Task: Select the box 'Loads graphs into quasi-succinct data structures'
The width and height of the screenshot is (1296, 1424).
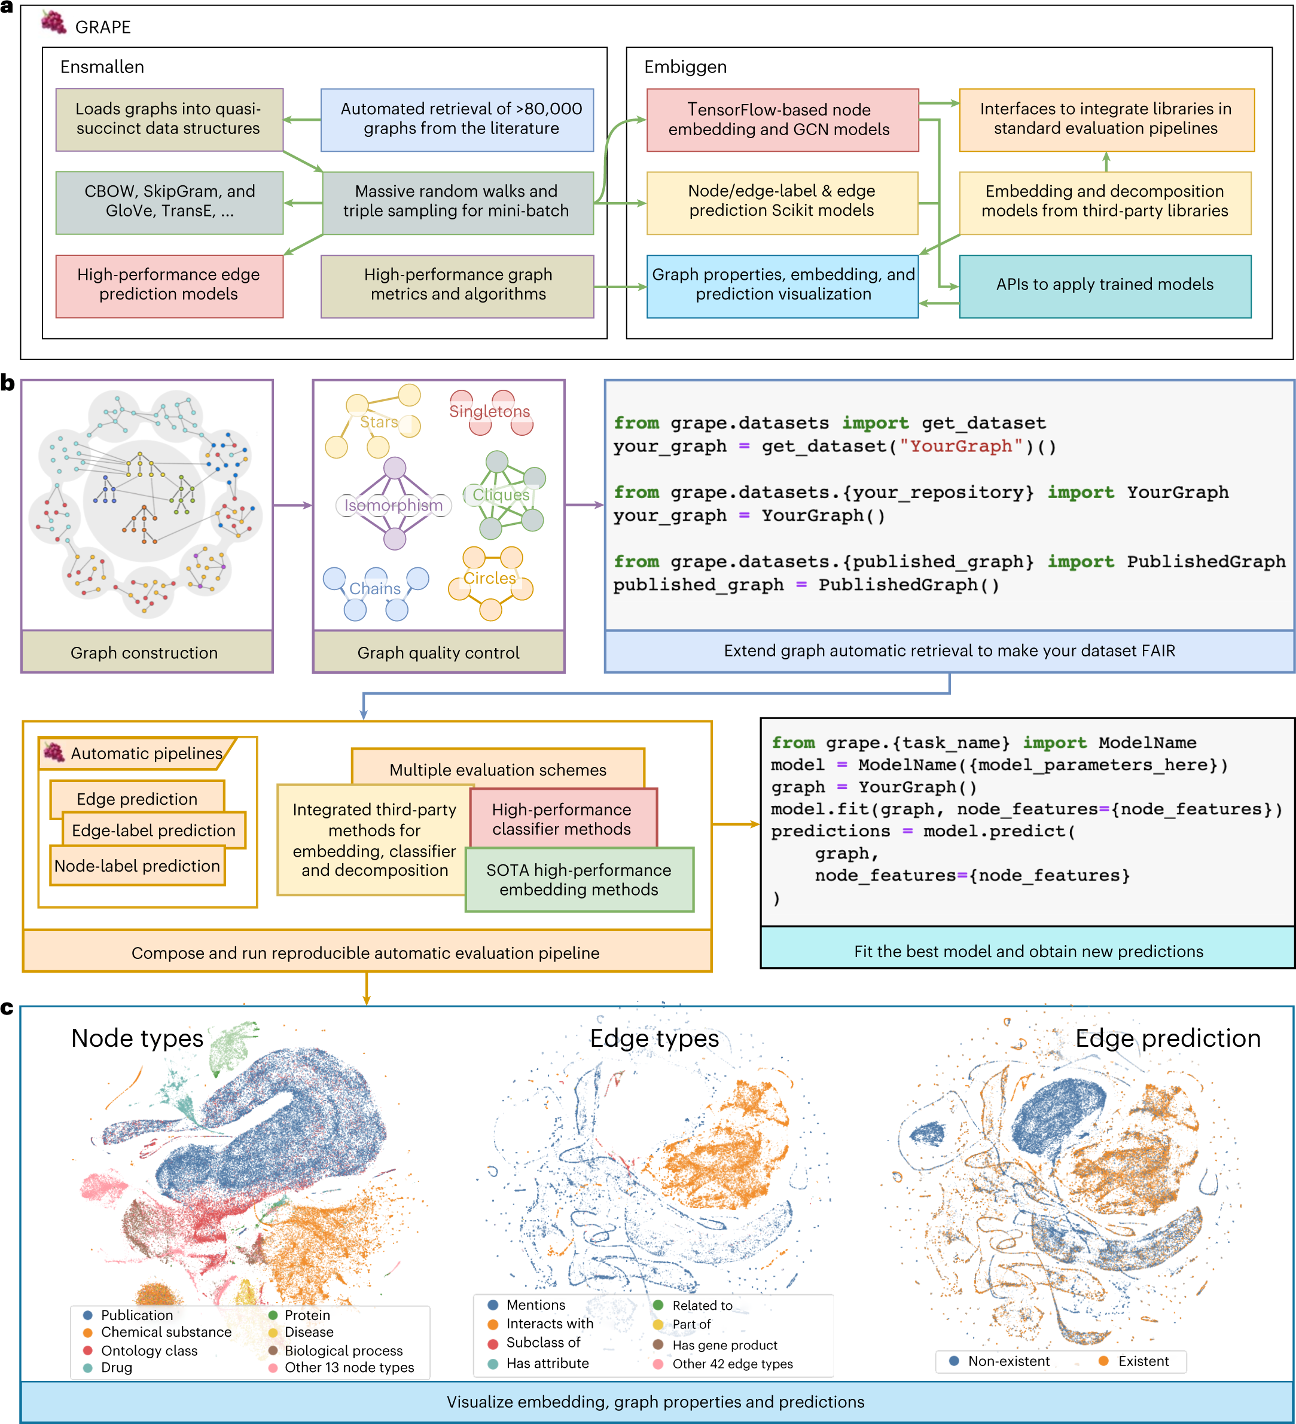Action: tap(169, 120)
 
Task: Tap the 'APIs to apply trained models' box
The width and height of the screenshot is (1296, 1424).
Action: tap(1105, 285)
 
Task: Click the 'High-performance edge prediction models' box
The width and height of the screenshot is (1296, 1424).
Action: tap(169, 285)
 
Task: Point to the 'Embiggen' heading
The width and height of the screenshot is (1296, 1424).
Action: tap(685, 67)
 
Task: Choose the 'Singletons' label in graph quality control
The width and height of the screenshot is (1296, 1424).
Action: tap(489, 412)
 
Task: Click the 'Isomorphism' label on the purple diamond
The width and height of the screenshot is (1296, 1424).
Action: tap(393, 506)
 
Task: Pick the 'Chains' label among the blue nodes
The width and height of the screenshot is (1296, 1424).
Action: tap(374, 589)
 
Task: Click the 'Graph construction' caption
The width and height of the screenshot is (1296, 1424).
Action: tap(144, 653)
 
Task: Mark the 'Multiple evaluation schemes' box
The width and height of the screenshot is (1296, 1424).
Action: tap(498, 769)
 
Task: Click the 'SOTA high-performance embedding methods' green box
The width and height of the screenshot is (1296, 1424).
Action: tap(579, 880)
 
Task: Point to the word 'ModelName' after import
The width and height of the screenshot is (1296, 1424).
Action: tap(1147, 743)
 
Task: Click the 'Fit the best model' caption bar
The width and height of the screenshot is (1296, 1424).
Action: tap(1027, 951)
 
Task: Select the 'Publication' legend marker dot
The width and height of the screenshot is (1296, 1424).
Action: tap(89, 1315)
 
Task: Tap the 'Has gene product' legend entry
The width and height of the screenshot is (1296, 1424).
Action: tap(724, 1346)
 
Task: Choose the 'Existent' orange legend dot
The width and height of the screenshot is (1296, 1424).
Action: tap(1103, 1361)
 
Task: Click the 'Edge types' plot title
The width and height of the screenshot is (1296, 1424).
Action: tap(654, 1038)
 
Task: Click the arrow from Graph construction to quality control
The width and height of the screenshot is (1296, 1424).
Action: tap(292, 505)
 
